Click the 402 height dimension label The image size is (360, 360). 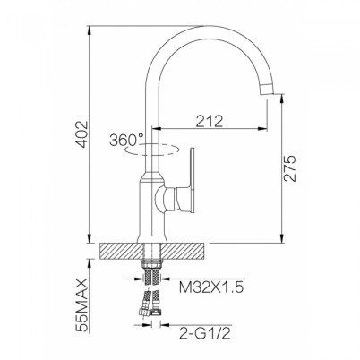tap(82, 134)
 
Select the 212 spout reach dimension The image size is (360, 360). tap(210, 121)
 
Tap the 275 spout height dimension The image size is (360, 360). tap(289, 168)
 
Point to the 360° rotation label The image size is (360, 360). tap(126, 140)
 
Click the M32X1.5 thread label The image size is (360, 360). tap(211, 287)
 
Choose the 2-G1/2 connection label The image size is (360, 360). tap(205, 333)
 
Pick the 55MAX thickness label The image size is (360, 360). tap(82, 304)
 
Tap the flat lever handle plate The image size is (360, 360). tap(193, 182)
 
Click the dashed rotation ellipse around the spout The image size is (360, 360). tap(152, 150)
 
